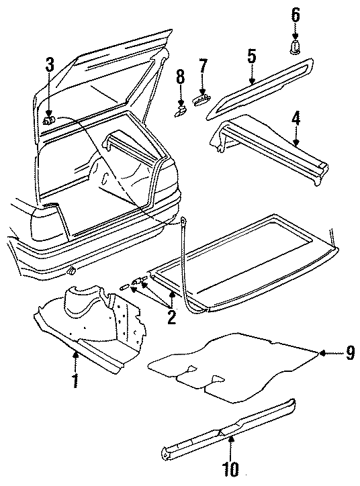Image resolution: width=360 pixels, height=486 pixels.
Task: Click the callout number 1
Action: [76, 381]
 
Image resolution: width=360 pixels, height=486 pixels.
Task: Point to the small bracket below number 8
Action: [179, 107]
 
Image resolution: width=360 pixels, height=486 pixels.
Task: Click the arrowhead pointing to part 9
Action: [322, 352]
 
